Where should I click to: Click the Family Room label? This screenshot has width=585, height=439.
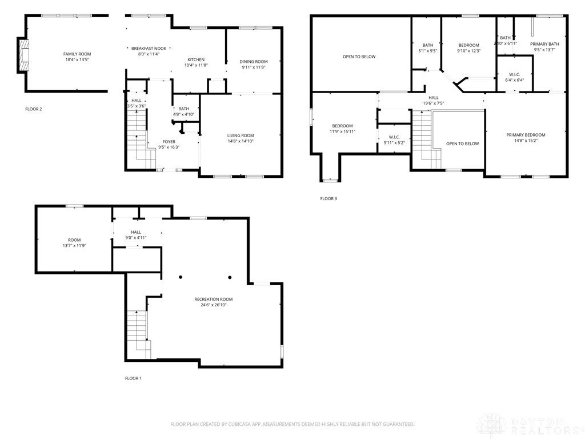coord(77,54)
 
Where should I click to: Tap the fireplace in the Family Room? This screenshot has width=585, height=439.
coord(23,55)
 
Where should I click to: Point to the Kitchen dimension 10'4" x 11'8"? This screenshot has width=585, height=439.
coord(196,66)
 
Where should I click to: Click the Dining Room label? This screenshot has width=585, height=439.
coord(254,62)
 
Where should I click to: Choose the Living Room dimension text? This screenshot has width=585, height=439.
coord(241,141)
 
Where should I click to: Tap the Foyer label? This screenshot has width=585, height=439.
coord(169,142)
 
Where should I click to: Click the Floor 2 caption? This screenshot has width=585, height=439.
coord(33,109)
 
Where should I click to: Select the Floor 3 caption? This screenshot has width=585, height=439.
coord(328,198)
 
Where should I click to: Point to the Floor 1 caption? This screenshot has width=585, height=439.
coord(133,378)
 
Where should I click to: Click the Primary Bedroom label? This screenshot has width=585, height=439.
coord(526,135)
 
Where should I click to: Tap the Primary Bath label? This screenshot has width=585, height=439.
coord(544,44)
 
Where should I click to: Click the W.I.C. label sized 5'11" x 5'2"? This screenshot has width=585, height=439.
coord(394,137)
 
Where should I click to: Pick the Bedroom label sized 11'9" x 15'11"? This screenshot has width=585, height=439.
coord(343,126)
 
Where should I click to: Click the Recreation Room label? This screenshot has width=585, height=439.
coord(213,299)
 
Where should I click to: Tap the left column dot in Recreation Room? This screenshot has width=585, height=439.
coord(181,277)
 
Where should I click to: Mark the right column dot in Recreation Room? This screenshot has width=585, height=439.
coord(230,277)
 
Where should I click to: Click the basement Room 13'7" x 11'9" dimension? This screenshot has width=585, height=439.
coord(74,246)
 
